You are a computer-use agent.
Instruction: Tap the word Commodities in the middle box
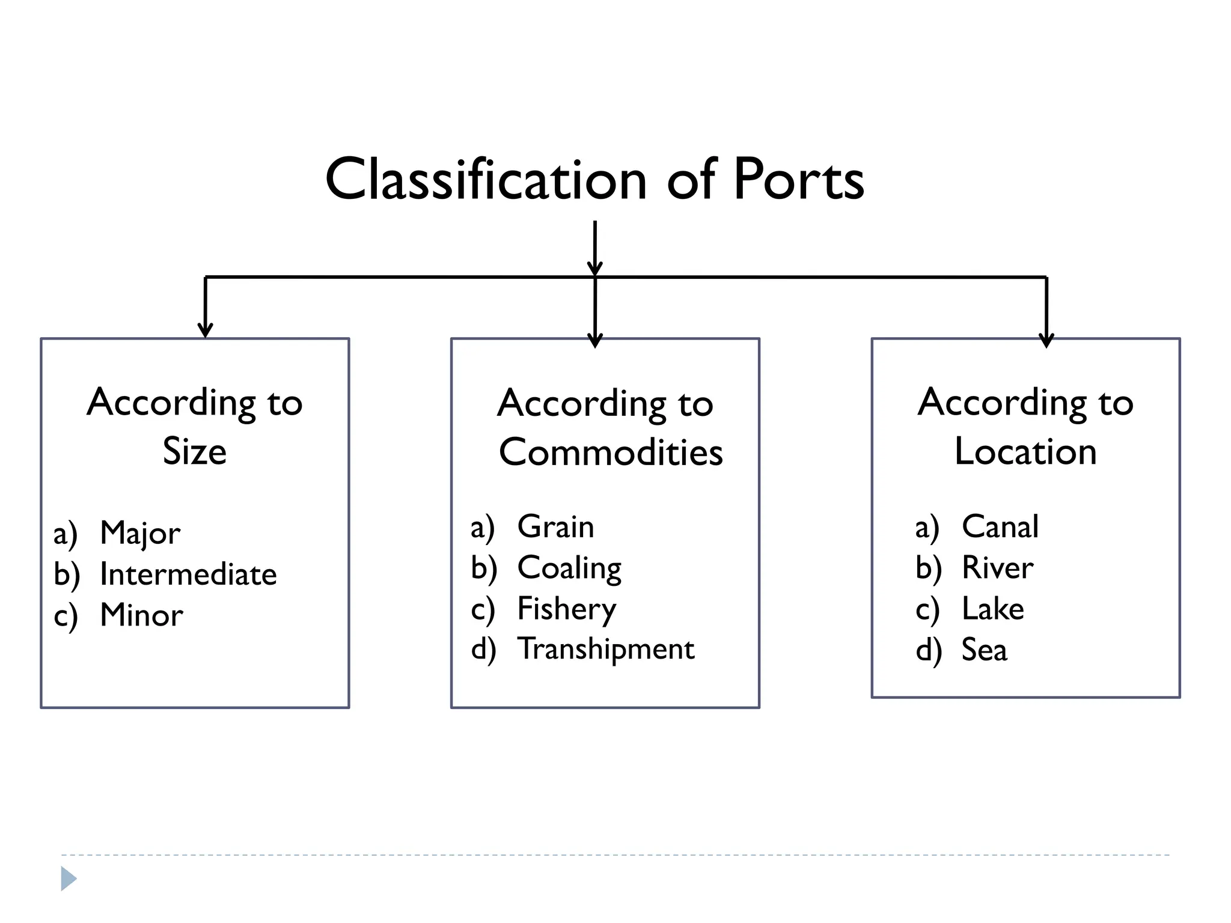click(x=611, y=452)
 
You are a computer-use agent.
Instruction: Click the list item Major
click(x=140, y=533)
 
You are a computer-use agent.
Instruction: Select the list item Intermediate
click(x=188, y=574)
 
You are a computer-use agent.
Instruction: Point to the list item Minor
click(x=141, y=615)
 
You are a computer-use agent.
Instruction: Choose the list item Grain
click(x=555, y=526)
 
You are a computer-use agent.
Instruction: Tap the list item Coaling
click(x=569, y=568)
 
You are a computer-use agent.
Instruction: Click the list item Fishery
click(x=566, y=609)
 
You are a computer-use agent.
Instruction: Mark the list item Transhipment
click(x=606, y=649)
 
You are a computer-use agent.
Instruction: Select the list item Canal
click(x=1000, y=526)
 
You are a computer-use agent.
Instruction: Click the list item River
click(x=997, y=568)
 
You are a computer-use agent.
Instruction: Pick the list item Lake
click(x=993, y=609)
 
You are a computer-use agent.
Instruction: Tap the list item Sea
click(x=984, y=650)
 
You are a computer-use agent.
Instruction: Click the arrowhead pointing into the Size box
click(x=206, y=330)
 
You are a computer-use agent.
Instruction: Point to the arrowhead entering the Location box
click(x=1046, y=340)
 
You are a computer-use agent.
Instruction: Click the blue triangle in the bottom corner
click(x=68, y=879)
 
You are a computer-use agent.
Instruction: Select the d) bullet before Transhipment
click(x=484, y=650)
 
